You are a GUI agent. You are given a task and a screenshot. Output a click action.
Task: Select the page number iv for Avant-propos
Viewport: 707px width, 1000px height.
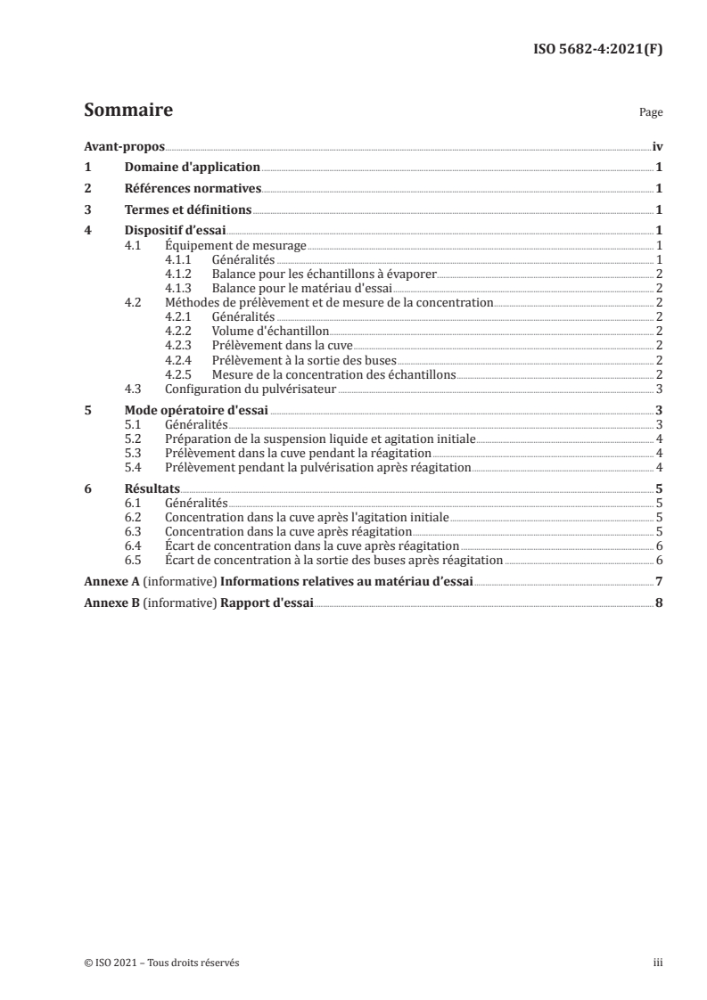[x=656, y=146]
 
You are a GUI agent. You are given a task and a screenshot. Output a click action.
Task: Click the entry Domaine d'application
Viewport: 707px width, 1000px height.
[x=192, y=168]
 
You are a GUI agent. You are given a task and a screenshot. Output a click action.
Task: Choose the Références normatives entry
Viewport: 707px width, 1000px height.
[x=193, y=189]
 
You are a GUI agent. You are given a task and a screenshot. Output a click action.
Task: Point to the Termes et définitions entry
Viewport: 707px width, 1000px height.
[x=187, y=210]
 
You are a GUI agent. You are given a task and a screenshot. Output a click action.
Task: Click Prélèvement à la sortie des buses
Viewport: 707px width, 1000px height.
[x=298, y=360]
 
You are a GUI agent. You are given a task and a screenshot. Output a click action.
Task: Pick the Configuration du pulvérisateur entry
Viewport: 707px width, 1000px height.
[x=251, y=389]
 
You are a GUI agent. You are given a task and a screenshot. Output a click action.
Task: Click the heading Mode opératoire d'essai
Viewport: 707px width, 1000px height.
[x=196, y=410]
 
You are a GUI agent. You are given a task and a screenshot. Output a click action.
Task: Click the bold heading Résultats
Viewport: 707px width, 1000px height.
[x=152, y=488]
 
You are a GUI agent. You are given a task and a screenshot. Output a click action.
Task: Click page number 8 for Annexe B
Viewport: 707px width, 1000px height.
[x=658, y=602]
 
